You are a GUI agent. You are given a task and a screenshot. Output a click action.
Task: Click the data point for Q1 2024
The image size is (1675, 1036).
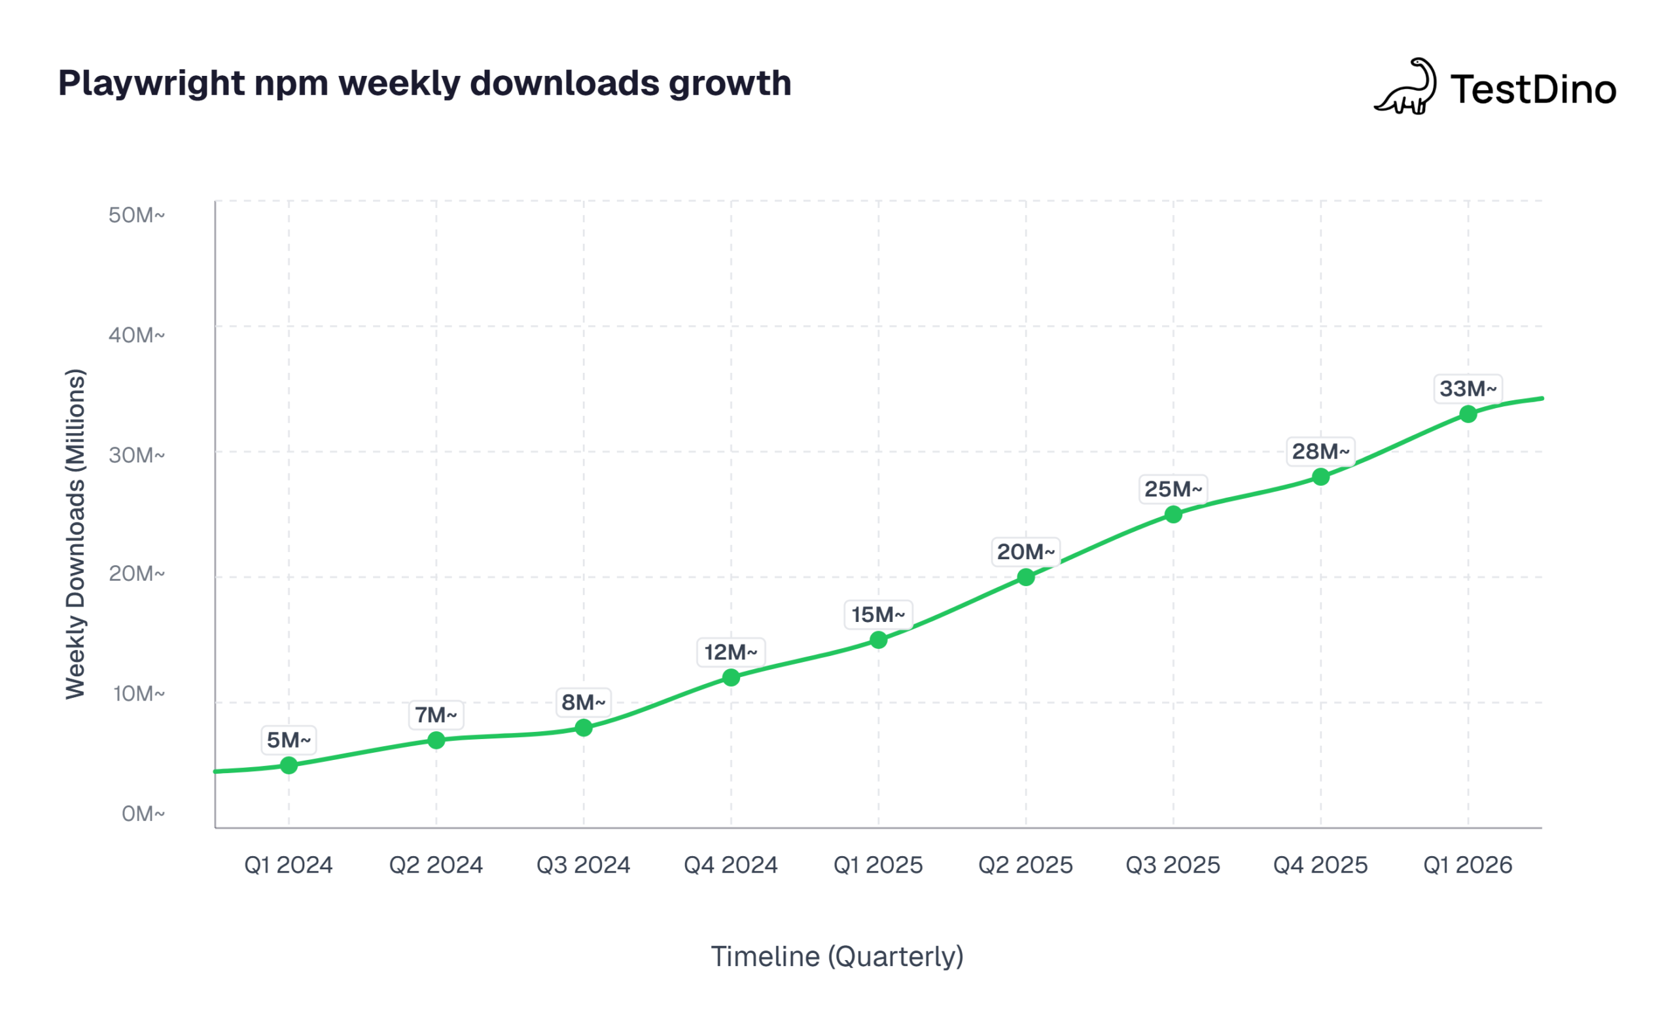coord(289,765)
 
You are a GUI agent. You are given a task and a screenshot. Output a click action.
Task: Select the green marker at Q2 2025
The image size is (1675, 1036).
coord(1025,577)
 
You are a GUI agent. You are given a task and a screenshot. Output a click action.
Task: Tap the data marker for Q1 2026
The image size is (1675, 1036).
coord(1468,414)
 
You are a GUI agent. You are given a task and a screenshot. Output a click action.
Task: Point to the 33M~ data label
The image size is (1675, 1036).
coord(1468,389)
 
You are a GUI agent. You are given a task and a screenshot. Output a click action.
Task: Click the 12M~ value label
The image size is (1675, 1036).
coord(731,651)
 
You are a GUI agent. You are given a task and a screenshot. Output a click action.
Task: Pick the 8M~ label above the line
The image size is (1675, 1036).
coord(583,702)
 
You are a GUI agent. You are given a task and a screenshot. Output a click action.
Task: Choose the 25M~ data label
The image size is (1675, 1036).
coord(1172,489)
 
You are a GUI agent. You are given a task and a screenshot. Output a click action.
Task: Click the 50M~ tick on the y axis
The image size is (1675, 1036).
coord(136,215)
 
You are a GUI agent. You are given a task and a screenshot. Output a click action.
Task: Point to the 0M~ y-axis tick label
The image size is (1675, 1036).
coord(143,814)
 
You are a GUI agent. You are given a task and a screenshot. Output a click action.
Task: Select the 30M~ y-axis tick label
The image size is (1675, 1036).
coord(136,455)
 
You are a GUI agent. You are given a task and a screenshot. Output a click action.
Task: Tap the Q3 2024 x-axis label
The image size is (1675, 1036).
coord(583,865)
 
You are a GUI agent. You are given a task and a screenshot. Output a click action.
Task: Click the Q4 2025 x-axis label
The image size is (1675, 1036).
coord(1320,865)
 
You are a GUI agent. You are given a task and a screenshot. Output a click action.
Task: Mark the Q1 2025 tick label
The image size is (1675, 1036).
coord(878,865)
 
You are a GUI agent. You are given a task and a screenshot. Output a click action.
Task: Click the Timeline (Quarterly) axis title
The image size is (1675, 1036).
coord(837,956)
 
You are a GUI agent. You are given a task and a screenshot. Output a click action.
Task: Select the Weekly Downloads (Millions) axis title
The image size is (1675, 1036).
coord(75,534)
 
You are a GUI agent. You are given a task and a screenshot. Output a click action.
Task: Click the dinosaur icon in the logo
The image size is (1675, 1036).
coord(1406,87)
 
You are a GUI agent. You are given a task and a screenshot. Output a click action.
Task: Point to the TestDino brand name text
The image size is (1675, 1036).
coord(1533,89)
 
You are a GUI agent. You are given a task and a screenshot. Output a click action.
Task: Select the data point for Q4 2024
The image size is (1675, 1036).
coord(731,677)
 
